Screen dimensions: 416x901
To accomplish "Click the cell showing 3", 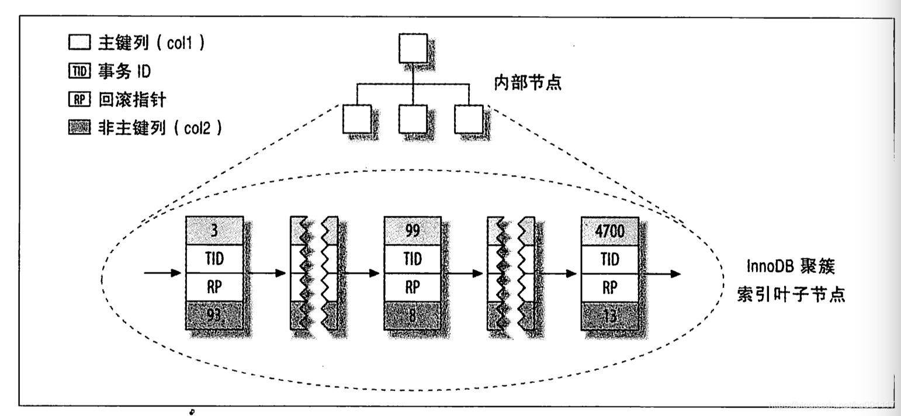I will coord(213,231).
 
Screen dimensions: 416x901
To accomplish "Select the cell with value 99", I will coord(412,231).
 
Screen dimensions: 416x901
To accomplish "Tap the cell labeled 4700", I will coord(609,231).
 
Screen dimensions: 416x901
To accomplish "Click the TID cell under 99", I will coord(412,259).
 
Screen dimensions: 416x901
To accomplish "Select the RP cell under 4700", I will coord(609,287).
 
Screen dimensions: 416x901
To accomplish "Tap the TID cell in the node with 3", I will coord(213,259).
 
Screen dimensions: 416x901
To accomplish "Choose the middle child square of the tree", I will coord(413,119).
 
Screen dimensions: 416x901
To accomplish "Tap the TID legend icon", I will coord(78,72).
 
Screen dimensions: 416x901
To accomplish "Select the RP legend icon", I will coord(78,100).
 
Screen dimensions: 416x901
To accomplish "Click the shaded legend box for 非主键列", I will coord(78,129).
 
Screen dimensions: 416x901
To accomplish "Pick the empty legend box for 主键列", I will coord(78,43).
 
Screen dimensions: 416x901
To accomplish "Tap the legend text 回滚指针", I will coord(131,100).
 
